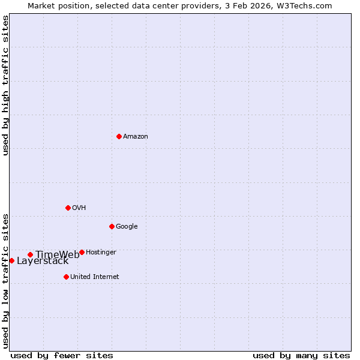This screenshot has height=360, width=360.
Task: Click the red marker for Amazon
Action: tap(119, 136)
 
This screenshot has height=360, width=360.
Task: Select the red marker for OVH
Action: tap(68, 208)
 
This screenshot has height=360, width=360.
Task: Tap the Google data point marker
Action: tap(112, 226)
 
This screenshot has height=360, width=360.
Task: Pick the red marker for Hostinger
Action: tap(82, 252)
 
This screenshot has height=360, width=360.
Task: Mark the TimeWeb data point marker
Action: tap(30, 254)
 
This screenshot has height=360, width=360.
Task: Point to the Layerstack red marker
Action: tap(11, 260)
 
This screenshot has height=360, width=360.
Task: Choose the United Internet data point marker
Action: tap(66, 277)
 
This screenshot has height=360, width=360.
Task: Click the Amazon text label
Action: tap(136, 137)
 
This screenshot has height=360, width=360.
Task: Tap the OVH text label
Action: tap(79, 208)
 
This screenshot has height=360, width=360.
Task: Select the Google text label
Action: tap(127, 227)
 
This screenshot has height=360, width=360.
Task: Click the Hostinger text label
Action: tap(101, 253)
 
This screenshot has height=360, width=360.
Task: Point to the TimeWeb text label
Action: tap(57, 255)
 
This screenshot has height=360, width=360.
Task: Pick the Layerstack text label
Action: tap(43, 261)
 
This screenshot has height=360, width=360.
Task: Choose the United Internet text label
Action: tap(95, 277)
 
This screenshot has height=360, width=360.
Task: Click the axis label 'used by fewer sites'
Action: tap(62, 356)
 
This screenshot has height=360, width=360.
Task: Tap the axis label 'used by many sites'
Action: tap(301, 356)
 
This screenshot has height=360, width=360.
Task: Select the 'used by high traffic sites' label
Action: tap(6, 85)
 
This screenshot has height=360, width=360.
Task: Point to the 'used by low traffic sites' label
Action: tap(6, 280)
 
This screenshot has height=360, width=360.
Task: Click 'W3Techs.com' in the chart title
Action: tap(307, 6)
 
